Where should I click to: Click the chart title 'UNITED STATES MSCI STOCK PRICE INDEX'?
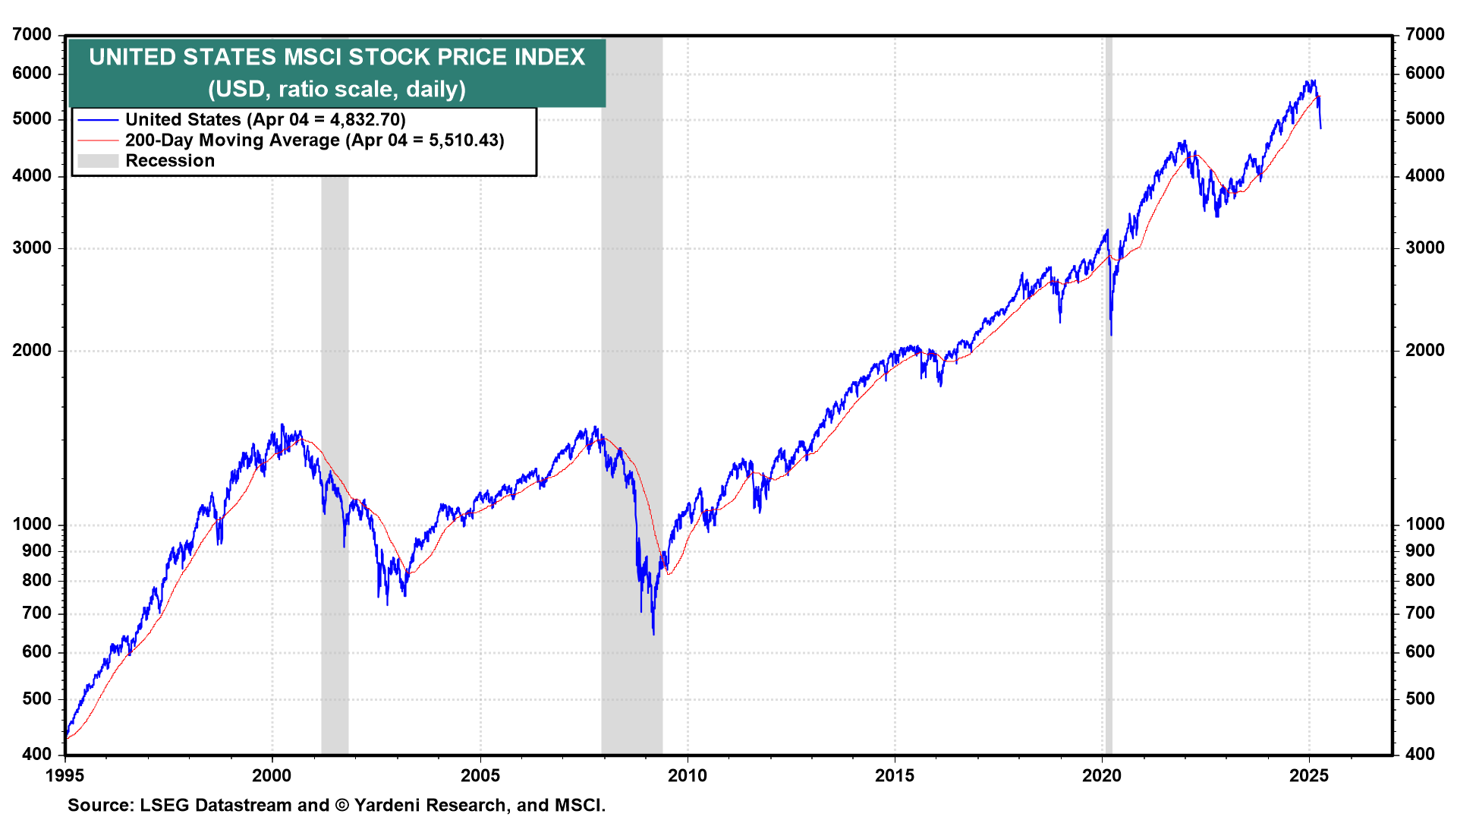[337, 57]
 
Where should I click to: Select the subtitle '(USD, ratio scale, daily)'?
[337, 89]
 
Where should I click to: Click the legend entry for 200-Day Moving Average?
[314, 140]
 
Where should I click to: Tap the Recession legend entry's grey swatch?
[98, 161]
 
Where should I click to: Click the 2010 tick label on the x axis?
[687, 775]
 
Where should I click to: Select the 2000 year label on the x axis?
[272, 775]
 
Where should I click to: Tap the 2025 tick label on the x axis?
[1309, 775]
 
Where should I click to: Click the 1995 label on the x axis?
[65, 775]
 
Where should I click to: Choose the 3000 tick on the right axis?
[1424, 248]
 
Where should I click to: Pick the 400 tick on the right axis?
[1420, 754]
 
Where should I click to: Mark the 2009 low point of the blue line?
[653, 633]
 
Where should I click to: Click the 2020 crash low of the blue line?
[1111, 334]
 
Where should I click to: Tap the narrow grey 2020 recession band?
[1109, 456]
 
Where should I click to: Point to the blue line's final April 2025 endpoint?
[1320, 128]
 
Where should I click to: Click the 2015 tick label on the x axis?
[895, 775]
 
